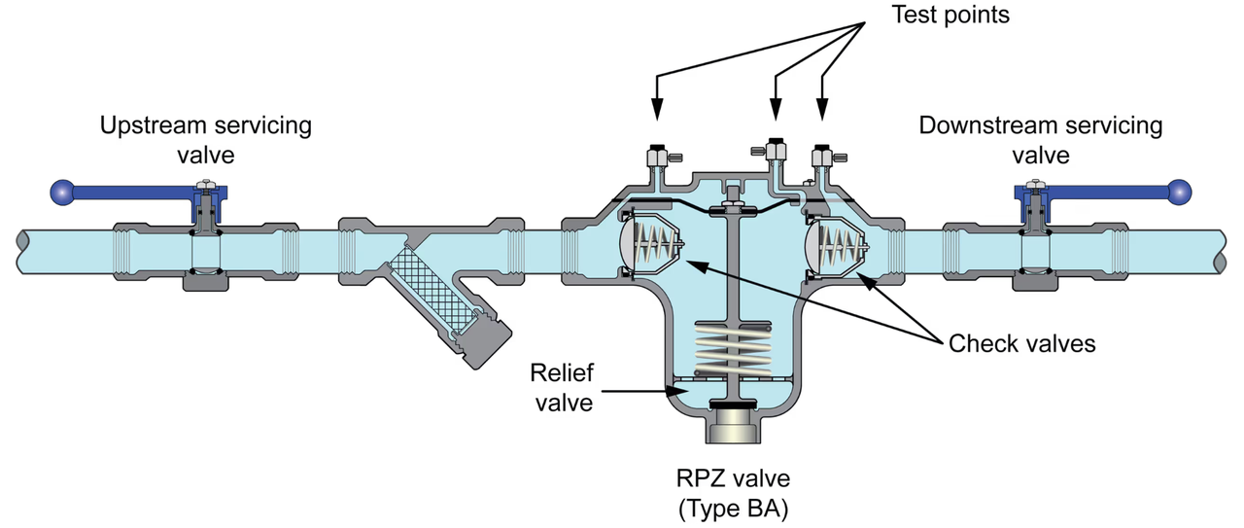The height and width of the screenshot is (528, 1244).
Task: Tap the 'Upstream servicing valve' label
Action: (x=206, y=140)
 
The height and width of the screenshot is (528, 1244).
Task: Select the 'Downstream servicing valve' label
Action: (x=1040, y=140)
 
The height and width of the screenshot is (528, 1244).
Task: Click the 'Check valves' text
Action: (x=1021, y=343)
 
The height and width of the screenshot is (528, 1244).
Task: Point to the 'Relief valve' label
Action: (x=561, y=386)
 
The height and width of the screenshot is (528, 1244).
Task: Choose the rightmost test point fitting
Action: (x=822, y=156)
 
